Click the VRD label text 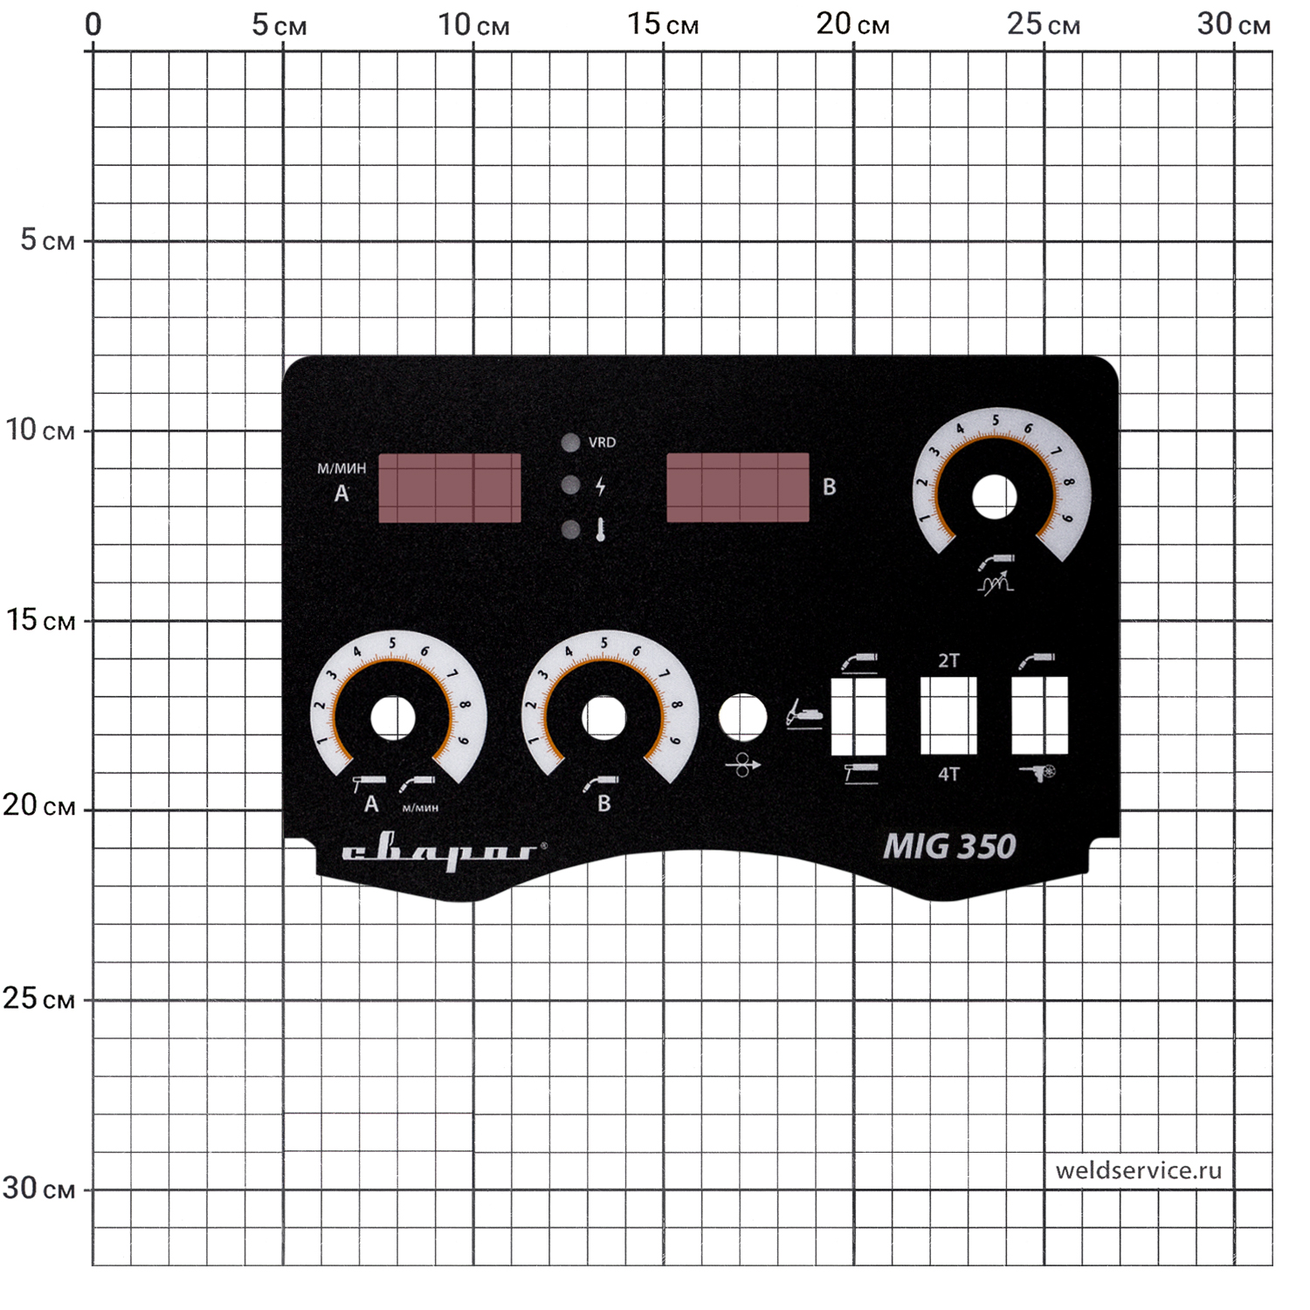click(x=602, y=443)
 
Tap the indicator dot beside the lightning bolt click(x=570, y=486)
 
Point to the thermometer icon click(x=601, y=529)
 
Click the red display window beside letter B click(x=738, y=487)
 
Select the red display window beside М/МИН click(x=450, y=487)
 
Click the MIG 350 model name click(x=949, y=846)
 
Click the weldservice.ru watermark click(x=1138, y=1170)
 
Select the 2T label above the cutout click(x=948, y=661)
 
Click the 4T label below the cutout click(x=948, y=774)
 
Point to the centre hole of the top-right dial click(x=994, y=497)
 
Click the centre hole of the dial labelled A click(x=393, y=718)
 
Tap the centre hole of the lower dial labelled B click(x=603, y=718)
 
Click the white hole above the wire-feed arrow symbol click(x=742, y=718)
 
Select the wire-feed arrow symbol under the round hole click(x=742, y=766)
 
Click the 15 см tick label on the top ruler click(x=663, y=24)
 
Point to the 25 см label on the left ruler click(x=38, y=998)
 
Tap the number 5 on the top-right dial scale click(x=995, y=421)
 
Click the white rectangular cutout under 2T click(x=948, y=716)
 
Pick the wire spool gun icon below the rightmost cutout click(x=1039, y=772)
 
